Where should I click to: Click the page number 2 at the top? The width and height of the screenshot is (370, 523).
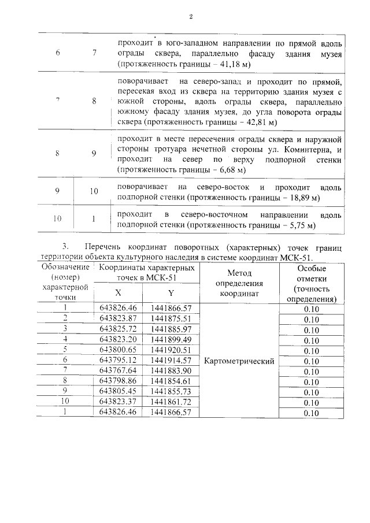190,16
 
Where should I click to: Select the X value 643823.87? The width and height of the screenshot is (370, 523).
118,318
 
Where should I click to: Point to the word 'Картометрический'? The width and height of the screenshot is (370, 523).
239,361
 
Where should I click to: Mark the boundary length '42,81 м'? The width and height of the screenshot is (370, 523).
260,123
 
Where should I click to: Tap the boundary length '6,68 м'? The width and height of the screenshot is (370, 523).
228,171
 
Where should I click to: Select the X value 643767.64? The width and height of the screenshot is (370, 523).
118,371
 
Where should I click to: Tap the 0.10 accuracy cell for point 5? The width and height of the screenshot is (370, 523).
311,351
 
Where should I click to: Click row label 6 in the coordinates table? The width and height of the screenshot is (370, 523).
66,361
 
